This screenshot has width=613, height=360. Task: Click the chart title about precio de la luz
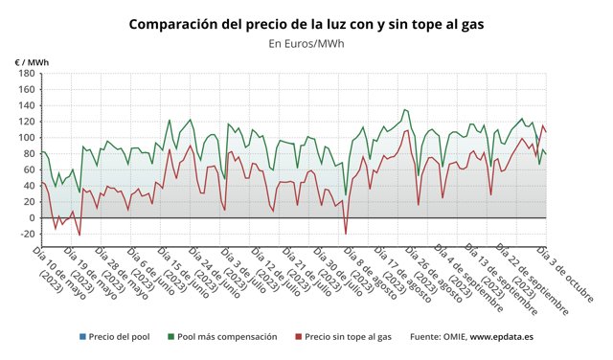coord(307,23)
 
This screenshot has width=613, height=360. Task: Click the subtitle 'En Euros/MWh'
coord(307,43)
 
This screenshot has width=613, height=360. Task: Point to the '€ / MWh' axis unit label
coord(32,62)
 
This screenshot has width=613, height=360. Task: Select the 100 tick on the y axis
coord(25,138)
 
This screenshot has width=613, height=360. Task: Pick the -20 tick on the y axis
coord(25,234)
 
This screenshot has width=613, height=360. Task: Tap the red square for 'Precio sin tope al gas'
coord(299,337)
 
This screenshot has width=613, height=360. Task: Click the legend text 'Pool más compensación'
coord(227,337)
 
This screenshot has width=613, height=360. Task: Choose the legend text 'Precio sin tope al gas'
coord(350,337)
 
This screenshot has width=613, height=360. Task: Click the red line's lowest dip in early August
coord(346,233)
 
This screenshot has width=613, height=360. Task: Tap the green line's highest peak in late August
coord(405,109)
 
